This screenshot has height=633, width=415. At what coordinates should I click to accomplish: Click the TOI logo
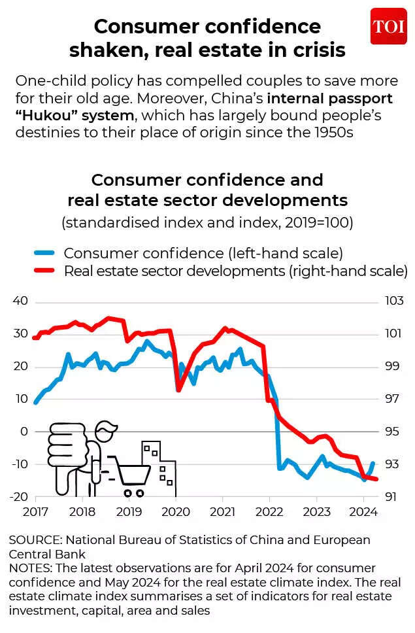(388, 26)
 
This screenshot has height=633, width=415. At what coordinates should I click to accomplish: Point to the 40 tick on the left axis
(20, 301)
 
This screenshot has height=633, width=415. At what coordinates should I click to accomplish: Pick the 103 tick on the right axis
(394, 301)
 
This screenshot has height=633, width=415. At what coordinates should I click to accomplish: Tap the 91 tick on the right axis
(391, 497)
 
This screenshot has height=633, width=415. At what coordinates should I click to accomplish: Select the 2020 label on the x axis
(175, 511)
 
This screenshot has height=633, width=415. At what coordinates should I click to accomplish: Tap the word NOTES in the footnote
(27, 568)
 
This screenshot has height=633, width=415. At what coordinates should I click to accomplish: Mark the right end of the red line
(376, 479)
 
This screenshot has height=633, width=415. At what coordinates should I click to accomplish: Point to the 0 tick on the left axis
(25, 432)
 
